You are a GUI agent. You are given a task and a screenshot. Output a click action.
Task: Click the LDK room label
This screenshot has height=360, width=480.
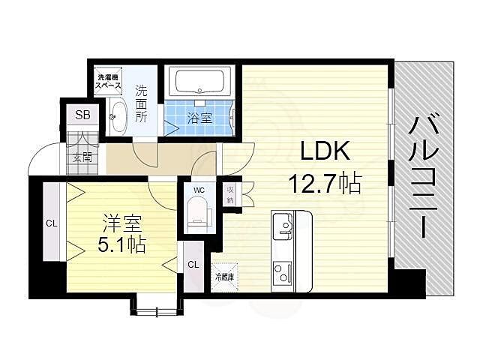pos(325,152)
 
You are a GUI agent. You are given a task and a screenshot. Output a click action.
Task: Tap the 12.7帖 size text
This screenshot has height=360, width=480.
pos(325,182)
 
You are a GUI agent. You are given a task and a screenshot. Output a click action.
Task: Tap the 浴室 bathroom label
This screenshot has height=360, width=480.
pos(199,118)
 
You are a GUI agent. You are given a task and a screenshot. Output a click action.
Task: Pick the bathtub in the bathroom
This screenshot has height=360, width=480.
pos(199,81)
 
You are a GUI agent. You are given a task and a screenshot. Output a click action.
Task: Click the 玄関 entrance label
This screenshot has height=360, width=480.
pos(82,157)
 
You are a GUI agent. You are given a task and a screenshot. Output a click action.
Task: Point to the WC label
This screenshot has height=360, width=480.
pos(199,190)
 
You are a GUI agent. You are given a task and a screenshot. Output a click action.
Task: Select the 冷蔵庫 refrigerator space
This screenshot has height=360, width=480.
pos(224,276)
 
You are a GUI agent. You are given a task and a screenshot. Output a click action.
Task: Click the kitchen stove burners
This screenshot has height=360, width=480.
pos(283,271)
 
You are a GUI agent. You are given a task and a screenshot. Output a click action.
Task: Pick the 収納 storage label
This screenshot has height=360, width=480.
pos(230,195)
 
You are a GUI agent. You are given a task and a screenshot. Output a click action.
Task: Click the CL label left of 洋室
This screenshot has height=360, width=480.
pos(51,223)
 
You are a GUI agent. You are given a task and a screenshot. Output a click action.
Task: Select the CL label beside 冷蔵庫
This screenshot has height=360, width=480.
pos(193,264)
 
